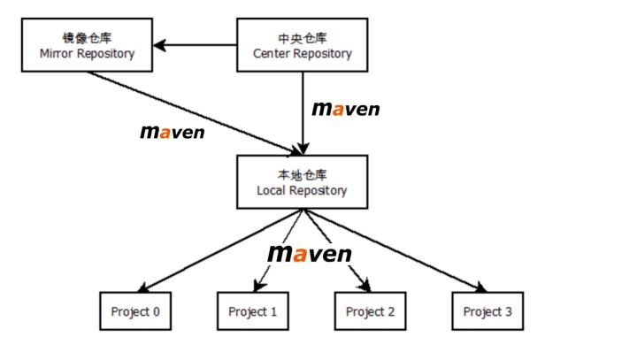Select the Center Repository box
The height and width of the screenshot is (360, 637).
tap(302, 46)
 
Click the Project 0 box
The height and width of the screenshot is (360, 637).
tap(135, 311)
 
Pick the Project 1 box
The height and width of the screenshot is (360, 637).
tap(253, 311)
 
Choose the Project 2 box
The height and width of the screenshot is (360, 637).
tap(370, 311)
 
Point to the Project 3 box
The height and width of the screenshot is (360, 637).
tap(487, 311)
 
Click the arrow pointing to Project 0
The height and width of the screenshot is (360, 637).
tap(221, 250)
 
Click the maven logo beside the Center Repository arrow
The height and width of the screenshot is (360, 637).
tap(346, 109)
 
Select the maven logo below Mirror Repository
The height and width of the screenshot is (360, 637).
tap(173, 133)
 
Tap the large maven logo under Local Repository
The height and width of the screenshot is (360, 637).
tap(309, 254)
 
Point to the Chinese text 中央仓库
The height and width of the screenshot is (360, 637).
tap(302, 38)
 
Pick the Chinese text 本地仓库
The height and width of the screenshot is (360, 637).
tap(302, 175)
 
